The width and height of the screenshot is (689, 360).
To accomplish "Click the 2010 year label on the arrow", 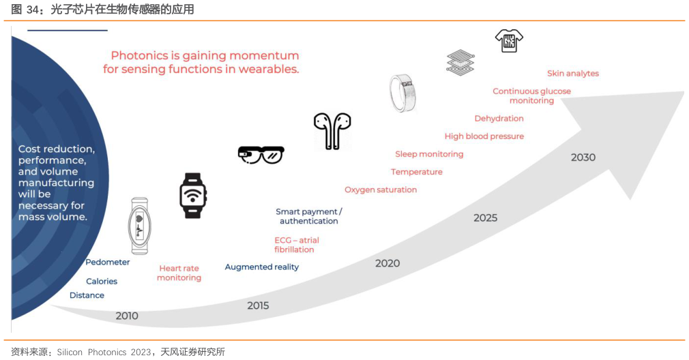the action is [x=127, y=316].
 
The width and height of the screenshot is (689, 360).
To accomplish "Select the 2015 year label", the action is [x=258, y=305].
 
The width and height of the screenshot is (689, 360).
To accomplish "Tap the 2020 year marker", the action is [x=387, y=263].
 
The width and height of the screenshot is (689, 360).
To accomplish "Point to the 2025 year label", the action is [x=486, y=217].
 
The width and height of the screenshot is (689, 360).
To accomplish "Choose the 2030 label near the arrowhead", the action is [x=583, y=157].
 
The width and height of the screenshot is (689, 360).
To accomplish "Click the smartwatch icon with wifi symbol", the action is [x=193, y=196].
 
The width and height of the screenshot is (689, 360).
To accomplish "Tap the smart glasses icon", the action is [x=261, y=155].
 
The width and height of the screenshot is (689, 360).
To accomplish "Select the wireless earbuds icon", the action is [x=332, y=131].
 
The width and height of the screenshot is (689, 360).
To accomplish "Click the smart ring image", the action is [x=402, y=93].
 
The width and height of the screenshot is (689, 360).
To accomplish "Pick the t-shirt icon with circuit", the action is [x=509, y=41].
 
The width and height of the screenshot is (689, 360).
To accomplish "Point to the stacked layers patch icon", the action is [x=460, y=62].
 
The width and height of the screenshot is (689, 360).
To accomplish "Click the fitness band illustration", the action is [x=140, y=226].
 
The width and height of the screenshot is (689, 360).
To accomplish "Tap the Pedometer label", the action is [x=108, y=262].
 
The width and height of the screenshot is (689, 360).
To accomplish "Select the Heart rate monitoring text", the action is [x=179, y=273].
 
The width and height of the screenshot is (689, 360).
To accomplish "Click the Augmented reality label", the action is [x=262, y=267].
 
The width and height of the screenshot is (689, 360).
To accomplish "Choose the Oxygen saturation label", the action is [x=381, y=190].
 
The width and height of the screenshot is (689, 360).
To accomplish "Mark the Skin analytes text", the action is [x=573, y=74].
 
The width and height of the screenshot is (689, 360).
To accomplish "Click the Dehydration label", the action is [x=499, y=119].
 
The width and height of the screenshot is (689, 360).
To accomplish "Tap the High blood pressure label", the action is [x=484, y=136].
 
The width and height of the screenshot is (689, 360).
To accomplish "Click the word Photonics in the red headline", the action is [x=139, y=56].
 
